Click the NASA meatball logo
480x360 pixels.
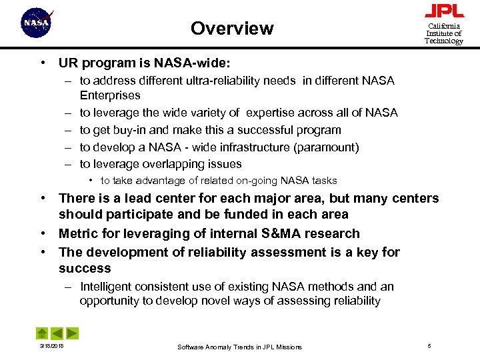click(x=37, y=24)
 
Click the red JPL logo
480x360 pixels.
click(x=444, y=11)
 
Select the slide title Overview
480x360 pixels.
click(x=231, y=29)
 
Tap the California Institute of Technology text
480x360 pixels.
click(x=444, y=33)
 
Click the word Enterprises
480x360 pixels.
click(x=110, y=95)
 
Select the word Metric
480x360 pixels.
click(x=79, y=233)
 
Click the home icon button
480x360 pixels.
click(x=42, y=333)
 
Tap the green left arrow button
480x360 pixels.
click(x=57, y=333)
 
